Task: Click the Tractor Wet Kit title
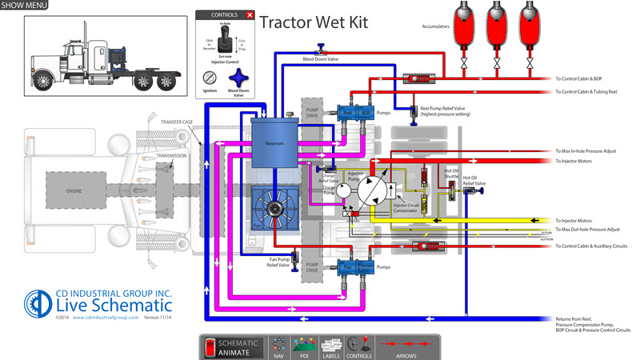pos(314,22)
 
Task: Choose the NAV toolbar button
pos(279,346)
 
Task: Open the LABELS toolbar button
pos(331,346)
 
